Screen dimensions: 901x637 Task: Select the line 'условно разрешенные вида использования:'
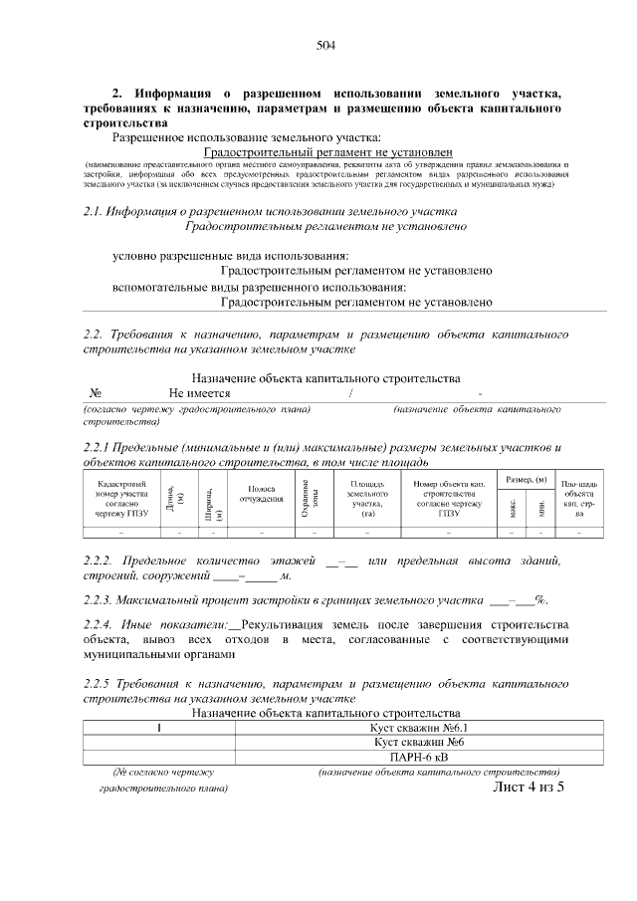(x=231, y=256)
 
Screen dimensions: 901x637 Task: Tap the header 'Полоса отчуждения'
(x=261, y=494)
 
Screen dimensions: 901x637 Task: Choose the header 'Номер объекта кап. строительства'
(x=448, y=498)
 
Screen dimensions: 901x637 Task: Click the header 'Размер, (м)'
(x=527, y=481)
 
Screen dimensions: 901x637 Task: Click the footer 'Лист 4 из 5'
(x=528, y=788)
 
